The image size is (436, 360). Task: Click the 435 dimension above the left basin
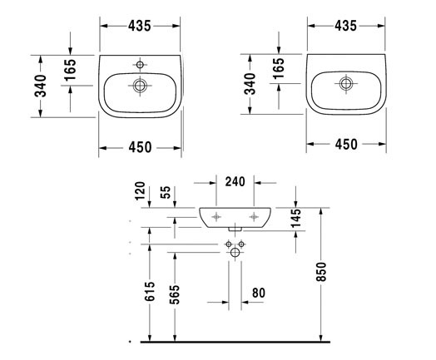point(140,26)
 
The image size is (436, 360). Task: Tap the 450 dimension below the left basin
point(140,147)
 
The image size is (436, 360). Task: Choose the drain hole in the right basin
point(344,82)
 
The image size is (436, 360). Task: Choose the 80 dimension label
point(259,293)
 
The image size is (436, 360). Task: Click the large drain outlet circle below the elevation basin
point(236,252)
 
